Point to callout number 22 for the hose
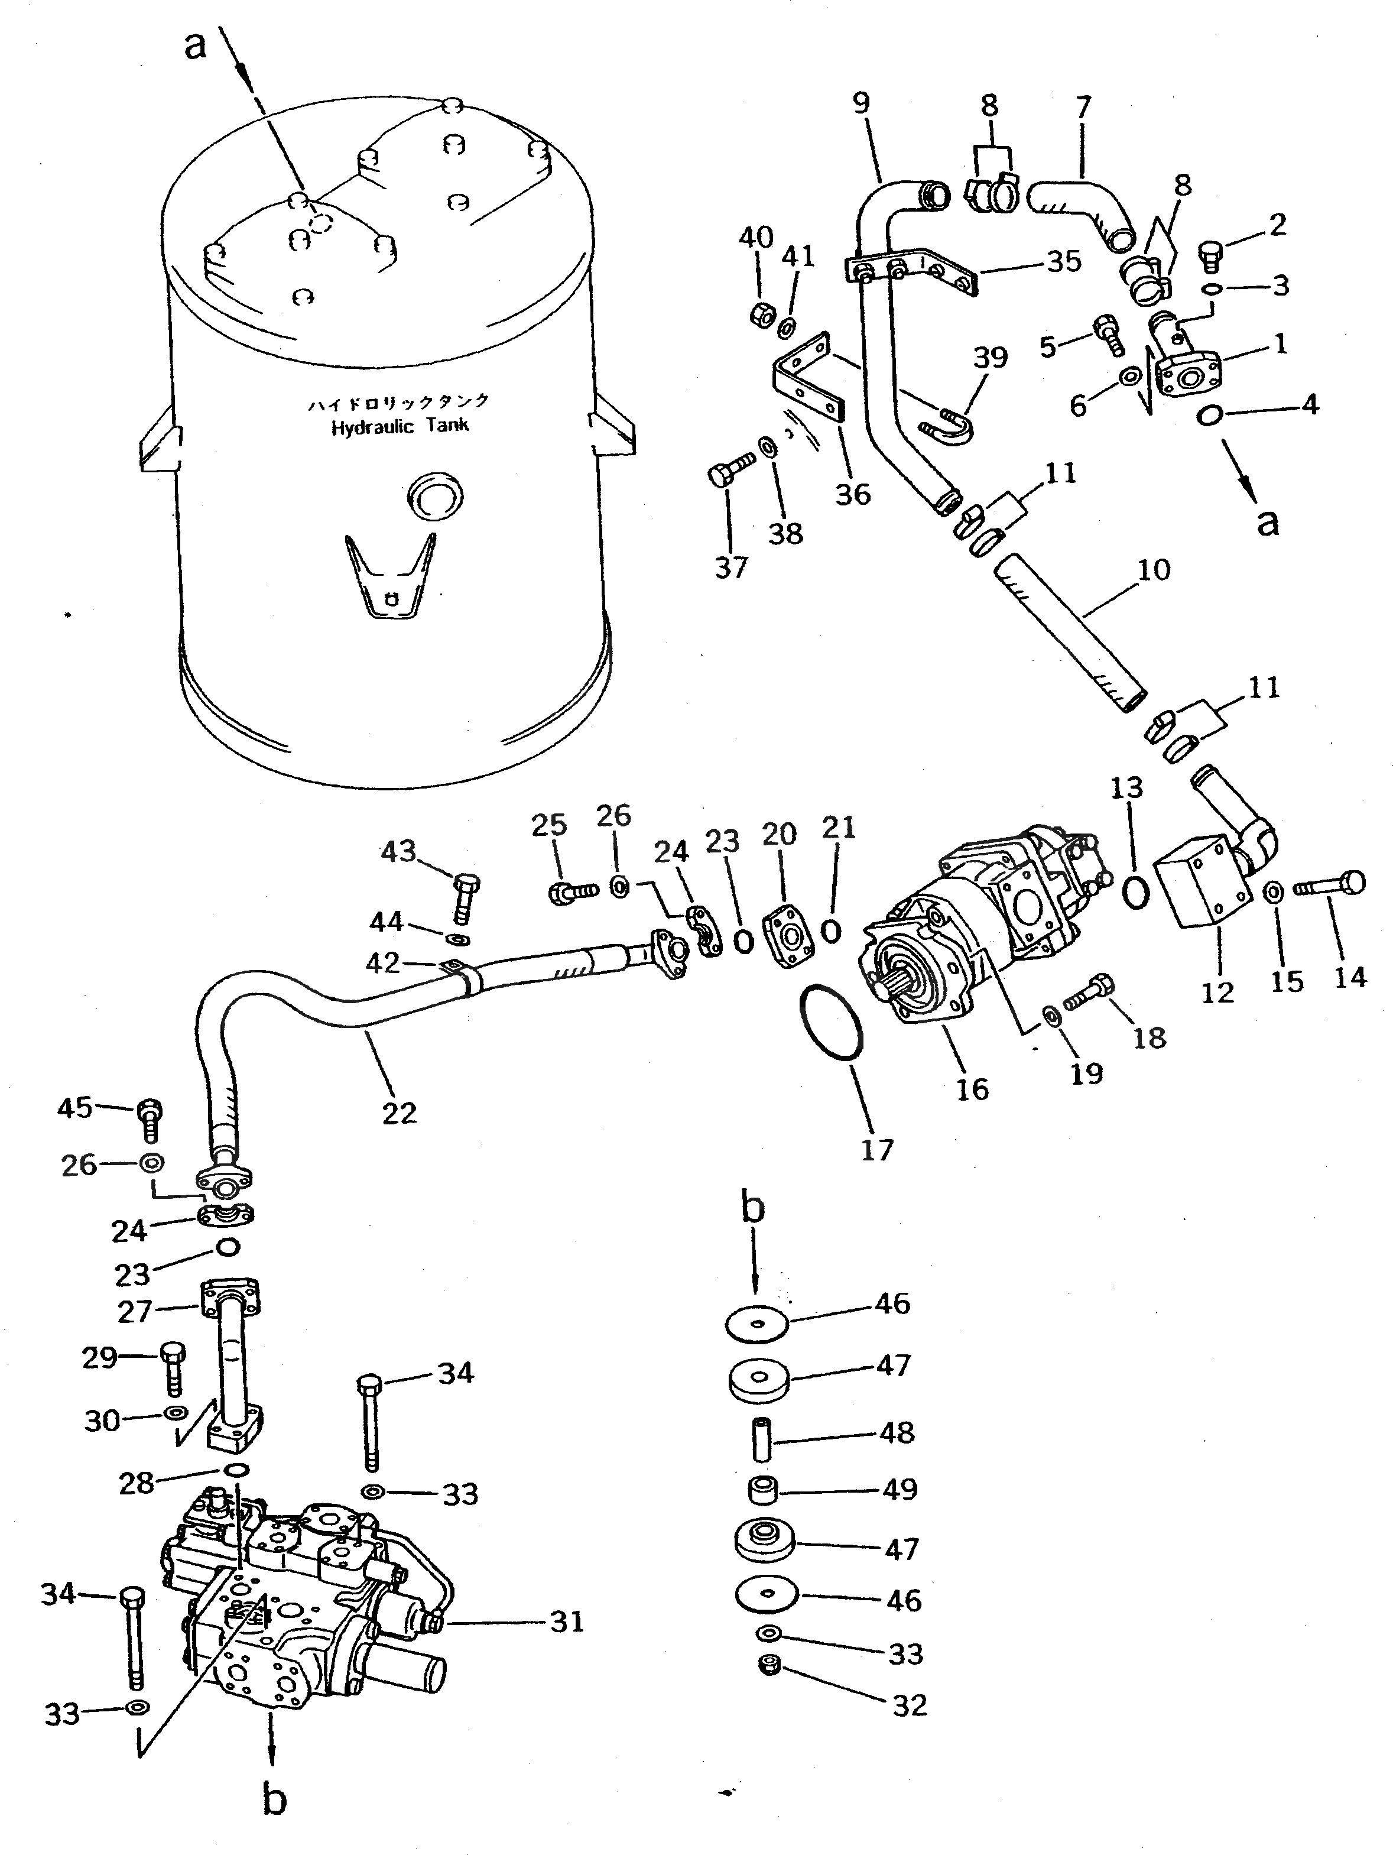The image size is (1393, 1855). coord(398,1113)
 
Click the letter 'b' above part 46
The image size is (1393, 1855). coord(752,1208)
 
